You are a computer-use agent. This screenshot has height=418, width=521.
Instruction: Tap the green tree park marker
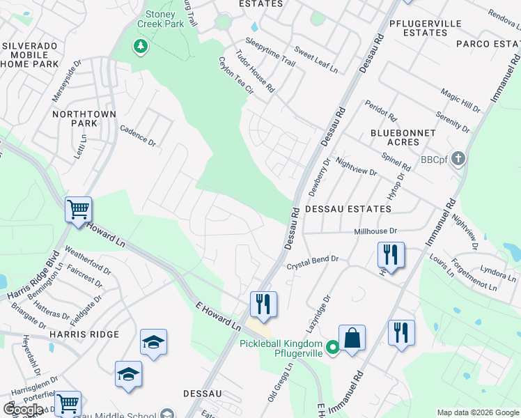pyautogui.click(x=141, y=47)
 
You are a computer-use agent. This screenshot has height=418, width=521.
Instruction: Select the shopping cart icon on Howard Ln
pyautogui.click(x=78, y=208)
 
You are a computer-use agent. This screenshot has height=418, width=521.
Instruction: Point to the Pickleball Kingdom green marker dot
pyautogui.click(x=333, y=346)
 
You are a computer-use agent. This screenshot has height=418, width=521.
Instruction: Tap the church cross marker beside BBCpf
pyautogui.click(x=458, y=159)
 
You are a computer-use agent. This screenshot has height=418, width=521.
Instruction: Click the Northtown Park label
pyautogui.click(x=74, y=117)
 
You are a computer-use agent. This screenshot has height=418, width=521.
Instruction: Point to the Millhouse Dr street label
pyautogui.click(x=375, y=231)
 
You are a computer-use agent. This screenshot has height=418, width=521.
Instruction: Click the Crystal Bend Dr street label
pyautogui.click(x=313, y=262)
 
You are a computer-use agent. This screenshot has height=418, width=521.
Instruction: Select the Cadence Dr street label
pyautogui.click(x=138, y=135)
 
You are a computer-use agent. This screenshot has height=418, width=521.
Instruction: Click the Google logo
pyautogui.click(x=23, y=410)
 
